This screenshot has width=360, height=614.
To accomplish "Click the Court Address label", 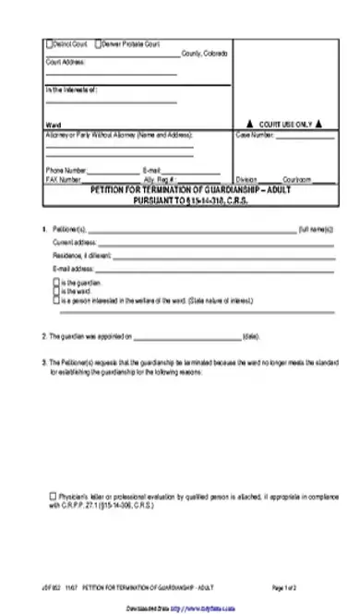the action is click(x=66, y=61).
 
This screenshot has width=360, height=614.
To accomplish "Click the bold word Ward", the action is click(x=52, y=123).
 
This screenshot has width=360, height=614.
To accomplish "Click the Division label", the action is click(x=246, y=178).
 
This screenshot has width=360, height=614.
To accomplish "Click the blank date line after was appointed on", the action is click(x=186, y=338).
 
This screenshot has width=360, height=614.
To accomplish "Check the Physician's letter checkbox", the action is click(x=53, y=497).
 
